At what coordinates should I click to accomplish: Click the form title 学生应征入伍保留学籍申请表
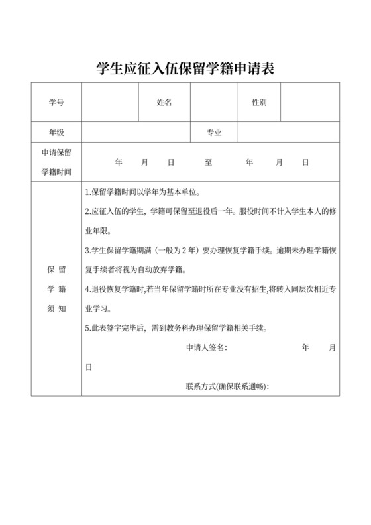(185, 68)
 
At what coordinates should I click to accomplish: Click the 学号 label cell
(56, 103)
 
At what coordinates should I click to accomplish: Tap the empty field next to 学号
(110, 103)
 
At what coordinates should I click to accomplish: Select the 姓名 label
(164, 103)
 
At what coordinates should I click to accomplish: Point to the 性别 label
(259, 103)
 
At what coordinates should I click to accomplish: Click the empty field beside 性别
(311, 103)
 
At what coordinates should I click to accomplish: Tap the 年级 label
(56, 132)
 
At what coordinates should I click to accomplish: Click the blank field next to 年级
(136, 132)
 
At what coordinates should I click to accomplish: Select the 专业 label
(214, 132)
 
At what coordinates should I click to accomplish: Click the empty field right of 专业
(289, 132)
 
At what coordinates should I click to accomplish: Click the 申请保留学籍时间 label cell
(56, 162)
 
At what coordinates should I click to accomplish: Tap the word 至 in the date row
(209, 162)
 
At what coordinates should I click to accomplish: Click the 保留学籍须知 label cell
(56, 289)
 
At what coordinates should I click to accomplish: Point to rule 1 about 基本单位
(143, 193)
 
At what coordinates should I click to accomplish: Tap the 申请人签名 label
(206, 347)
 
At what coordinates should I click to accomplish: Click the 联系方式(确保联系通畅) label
(229, 386)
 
